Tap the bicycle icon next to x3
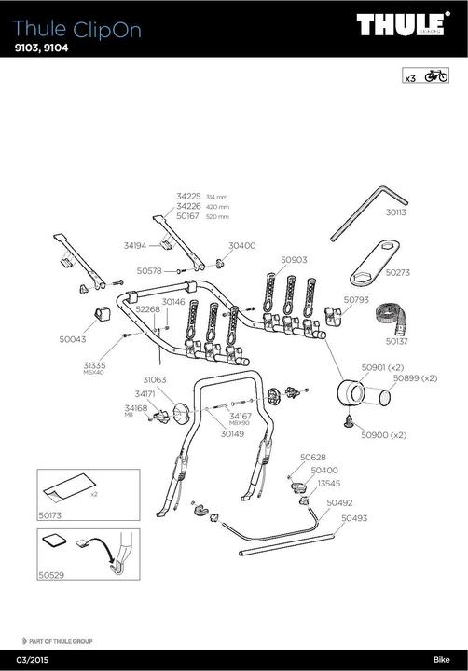click(435, 76)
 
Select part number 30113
click(396, 212)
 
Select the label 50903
click(294, 261)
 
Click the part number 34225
click(188, 197)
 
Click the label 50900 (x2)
click(385, 435)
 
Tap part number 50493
click(354, 518)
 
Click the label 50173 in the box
click(52, 514)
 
